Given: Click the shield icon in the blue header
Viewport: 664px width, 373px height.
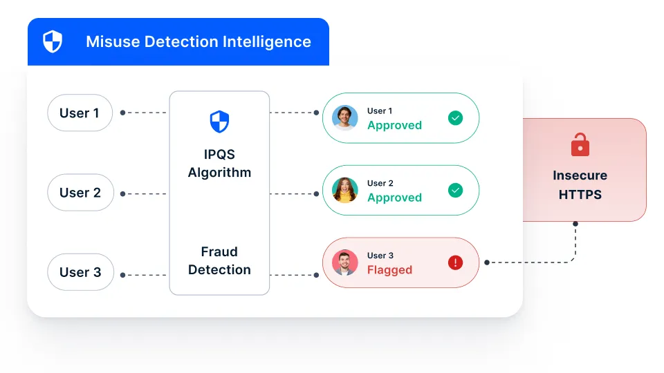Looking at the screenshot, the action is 53,41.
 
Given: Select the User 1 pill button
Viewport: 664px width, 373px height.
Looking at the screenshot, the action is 80,113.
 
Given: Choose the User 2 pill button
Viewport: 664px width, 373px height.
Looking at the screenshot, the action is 80,193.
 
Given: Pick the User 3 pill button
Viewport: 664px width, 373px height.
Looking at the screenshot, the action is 80,272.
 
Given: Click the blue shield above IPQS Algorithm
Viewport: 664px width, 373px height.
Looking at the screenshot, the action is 219,122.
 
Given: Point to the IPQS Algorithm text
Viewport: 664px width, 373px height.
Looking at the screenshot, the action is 219,163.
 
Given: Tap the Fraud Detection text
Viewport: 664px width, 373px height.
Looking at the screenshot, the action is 219,261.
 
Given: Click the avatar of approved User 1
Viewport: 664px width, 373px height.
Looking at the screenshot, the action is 344,118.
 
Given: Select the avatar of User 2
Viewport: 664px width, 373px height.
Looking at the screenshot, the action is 344,190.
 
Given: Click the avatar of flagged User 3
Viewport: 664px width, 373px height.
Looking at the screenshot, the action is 344,262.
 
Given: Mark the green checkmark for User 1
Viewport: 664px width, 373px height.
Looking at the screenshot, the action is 455,118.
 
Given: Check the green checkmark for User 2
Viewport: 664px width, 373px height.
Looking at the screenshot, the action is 455,190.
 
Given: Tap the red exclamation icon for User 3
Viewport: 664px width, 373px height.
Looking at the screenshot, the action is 455,262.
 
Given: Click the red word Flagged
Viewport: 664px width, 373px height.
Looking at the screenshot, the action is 389,270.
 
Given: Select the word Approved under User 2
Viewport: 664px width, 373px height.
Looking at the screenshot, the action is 394,198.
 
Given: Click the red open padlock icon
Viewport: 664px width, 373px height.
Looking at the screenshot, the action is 580,145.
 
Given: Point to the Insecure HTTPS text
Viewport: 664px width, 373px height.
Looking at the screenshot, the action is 580,185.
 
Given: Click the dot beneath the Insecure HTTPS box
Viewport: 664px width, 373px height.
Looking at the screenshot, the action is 575,224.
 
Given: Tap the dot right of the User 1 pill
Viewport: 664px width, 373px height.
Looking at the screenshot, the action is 122,113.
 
